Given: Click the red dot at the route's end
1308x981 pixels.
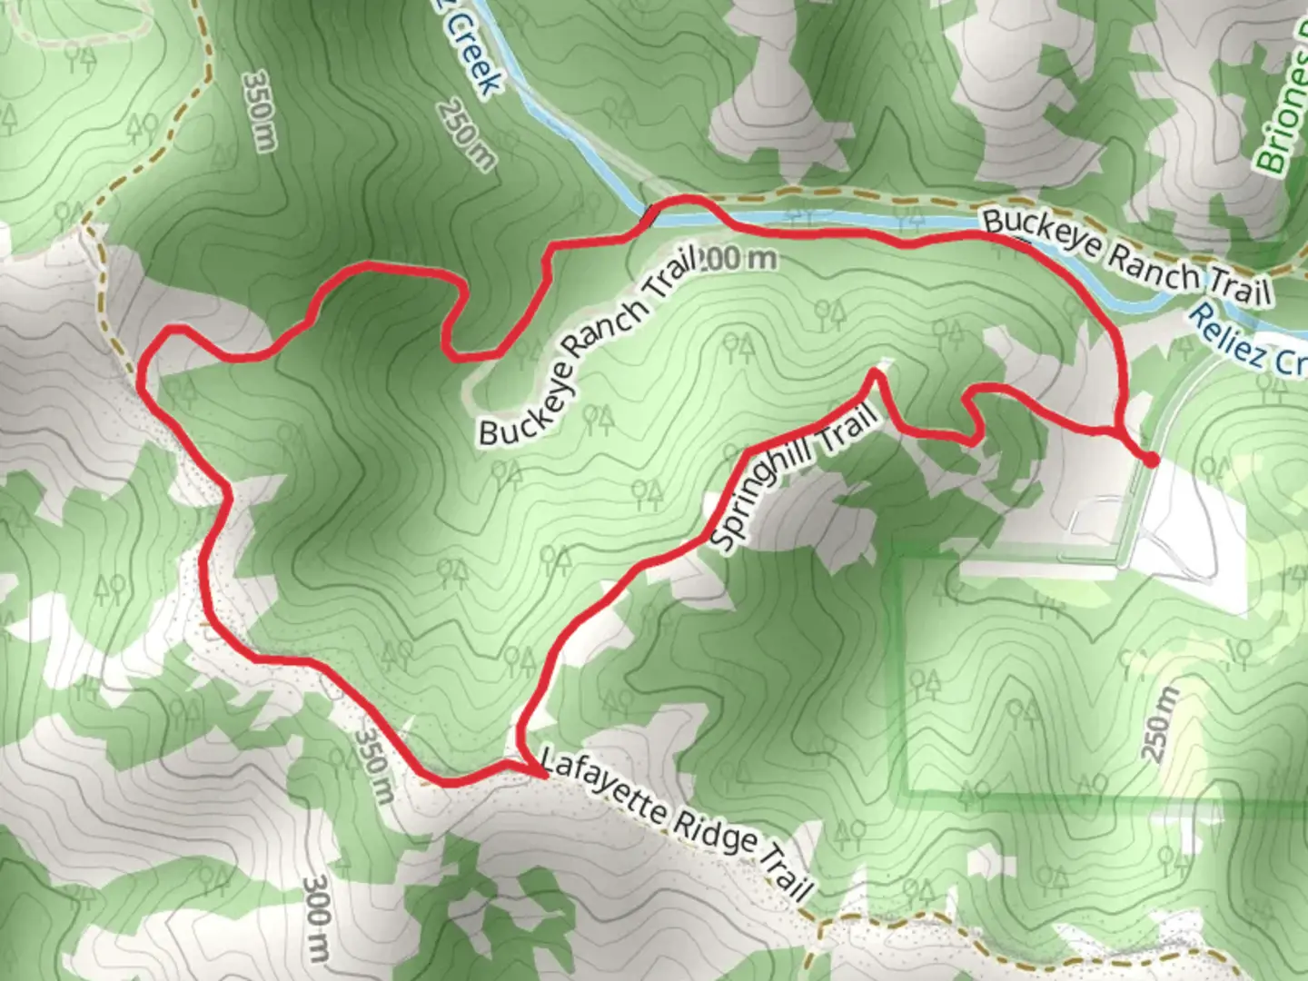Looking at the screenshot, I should (1150, 460).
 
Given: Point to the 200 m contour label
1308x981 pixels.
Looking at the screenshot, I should (739, 259).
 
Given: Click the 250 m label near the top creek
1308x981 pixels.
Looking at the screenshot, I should (466, 134).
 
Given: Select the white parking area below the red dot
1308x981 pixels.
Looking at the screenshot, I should (1190, 527).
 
